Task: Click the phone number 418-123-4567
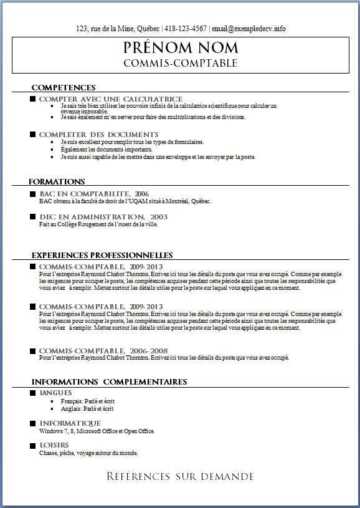[x=186, y=29]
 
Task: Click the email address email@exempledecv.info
[x=249, y=29]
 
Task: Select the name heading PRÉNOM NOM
[x=180, y=48]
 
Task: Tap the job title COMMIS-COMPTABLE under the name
[x=180, y=63]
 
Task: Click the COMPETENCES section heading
[x=63, y=87]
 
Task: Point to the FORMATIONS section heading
[x=57, y=181]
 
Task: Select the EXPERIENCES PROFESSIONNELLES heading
[x=102, y=255]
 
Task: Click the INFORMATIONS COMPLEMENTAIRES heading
[x=109, y=381]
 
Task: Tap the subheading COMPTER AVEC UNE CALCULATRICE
[x=110, y=99]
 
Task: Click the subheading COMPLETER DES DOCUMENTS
[x=98, y=135]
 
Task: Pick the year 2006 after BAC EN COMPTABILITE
[x=141, y=194]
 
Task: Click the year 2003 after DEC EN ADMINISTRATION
[x=159, y=216]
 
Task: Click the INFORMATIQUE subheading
[x=70, y=423]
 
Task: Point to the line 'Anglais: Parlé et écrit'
[x=87, y=409]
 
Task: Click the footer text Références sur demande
[x=180, y=477]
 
